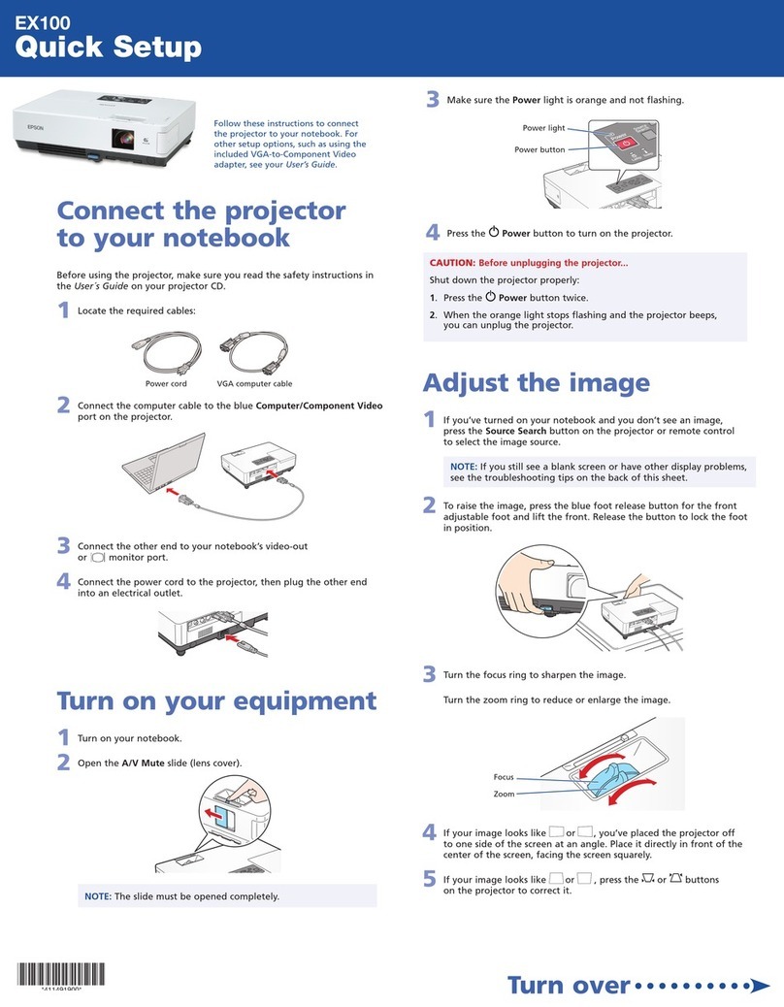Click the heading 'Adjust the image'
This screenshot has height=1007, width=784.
[536, 381]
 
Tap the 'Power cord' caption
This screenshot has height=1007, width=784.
[166, 383]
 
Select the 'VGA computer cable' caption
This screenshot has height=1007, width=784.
[254, 383]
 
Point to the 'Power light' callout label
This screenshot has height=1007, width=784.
[543, 128]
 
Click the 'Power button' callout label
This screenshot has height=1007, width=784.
[539, 149]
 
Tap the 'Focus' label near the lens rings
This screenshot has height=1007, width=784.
[503, 776]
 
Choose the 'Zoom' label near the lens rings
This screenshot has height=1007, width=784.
[504, 794]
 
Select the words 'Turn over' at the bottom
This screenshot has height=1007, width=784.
[568, 985]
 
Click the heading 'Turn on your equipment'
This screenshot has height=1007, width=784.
[215, 699]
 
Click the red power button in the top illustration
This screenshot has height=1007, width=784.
[627, 143]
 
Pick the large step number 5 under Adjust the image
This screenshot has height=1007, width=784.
[429, 879]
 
